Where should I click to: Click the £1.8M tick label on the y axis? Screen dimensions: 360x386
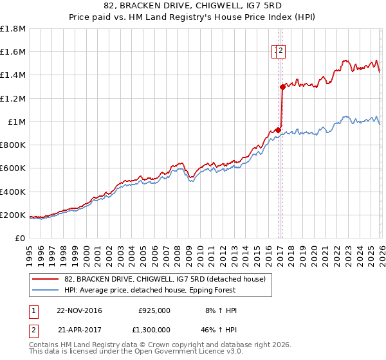tap(13, 29)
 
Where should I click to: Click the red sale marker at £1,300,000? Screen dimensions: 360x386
tap(282, 87)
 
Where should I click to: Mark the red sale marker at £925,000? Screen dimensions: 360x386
tap(278, 130)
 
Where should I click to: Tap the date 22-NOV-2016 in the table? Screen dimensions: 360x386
tap(80, 310)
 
